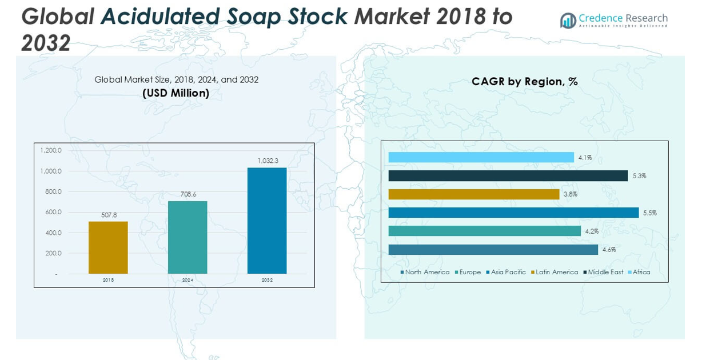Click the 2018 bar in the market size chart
[108, 247]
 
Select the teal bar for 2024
[188, 237]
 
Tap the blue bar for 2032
[267, 221]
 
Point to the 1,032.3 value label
[267, 161]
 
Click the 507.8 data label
[108, 215]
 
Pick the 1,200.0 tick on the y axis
[50, 150]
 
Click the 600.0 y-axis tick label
[53, 212]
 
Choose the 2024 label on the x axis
[188, 280]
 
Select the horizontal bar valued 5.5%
[513, 213]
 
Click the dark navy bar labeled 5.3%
[508, 176]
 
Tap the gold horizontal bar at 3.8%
[473, 194]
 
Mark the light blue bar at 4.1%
[481, 157]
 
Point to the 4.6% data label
[609, 250]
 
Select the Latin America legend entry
[556, 272]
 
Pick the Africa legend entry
[641, 272]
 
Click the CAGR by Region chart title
[524, 82]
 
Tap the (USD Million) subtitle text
[176, 93]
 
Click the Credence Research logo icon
[568, 21]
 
